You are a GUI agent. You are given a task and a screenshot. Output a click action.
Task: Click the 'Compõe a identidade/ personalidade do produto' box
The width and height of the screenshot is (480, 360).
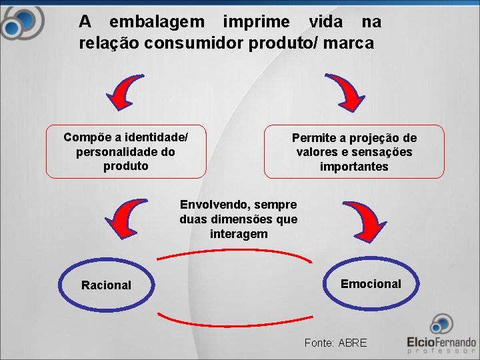point(126,151)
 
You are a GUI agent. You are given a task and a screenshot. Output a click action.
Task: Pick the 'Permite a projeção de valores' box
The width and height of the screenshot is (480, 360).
point(354,151)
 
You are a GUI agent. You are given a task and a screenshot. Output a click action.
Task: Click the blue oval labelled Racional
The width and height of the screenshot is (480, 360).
point(106,285)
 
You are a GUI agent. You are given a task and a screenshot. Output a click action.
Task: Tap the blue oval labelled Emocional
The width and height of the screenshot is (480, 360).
point(371,284)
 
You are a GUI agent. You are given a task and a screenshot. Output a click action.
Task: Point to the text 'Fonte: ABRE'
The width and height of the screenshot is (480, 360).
point(335,343)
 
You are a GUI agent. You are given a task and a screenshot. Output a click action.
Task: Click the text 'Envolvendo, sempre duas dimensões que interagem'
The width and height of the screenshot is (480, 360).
point(238,219)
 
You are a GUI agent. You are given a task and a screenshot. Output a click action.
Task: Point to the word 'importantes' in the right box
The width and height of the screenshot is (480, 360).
point(354,167)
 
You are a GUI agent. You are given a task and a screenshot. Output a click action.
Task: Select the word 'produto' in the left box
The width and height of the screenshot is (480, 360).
point(126,166)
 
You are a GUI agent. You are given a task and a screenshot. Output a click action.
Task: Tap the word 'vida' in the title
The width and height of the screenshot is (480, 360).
point(326,22)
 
